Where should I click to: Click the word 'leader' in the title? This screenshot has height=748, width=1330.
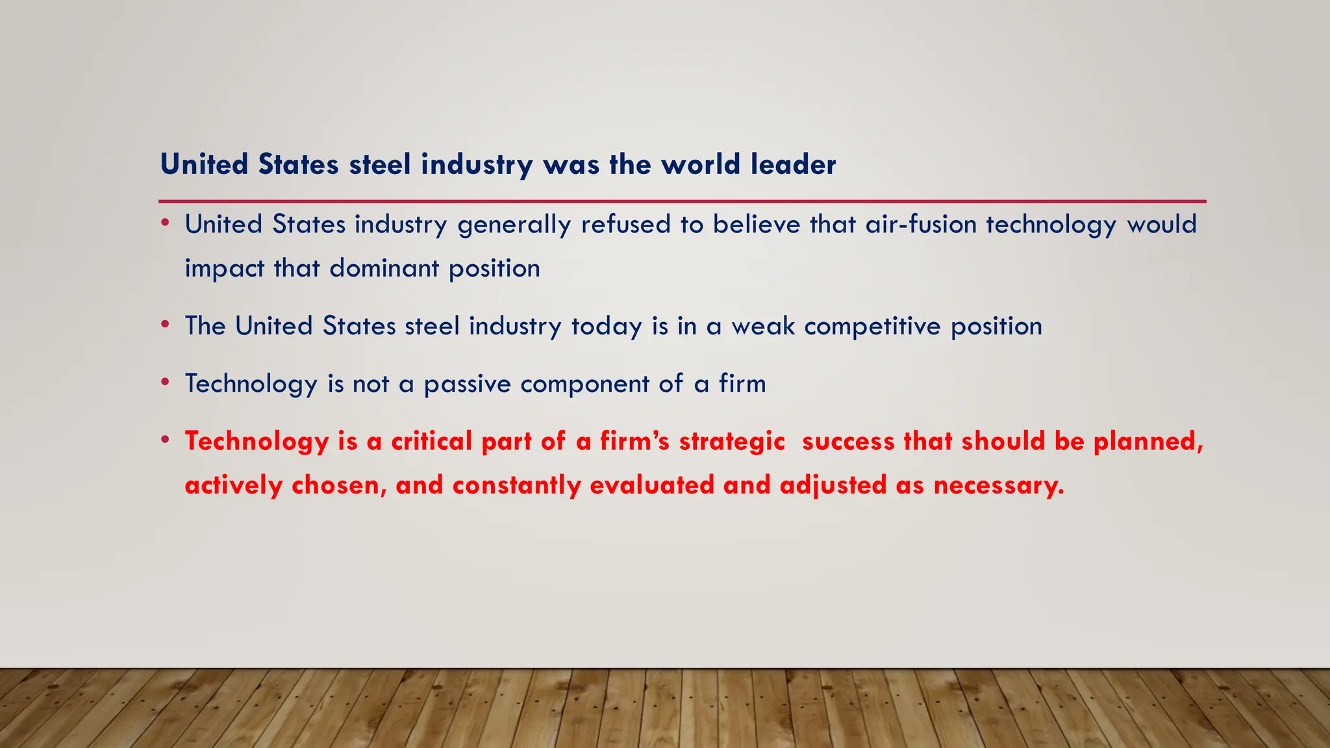[x=793, y=164]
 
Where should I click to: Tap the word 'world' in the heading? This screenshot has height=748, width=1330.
[x=701, y=164]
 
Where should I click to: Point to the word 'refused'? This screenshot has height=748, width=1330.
[x=625, y=225]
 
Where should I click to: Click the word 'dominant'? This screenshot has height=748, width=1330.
[x=384, y=268]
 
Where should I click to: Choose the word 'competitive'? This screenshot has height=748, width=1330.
[x=872, y=326]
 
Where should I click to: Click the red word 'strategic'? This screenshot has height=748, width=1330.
[x=732, y=442]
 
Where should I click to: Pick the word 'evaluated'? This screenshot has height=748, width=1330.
[x=652, y=485]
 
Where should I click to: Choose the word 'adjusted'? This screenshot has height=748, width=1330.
[x=833, y=485]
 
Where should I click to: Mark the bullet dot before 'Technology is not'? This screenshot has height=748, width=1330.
[x=166, y=382]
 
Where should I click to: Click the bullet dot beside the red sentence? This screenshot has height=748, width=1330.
[x=166, y=440]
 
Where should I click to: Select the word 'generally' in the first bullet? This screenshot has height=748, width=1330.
[x=514, y=225]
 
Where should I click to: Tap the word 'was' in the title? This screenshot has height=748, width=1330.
[x=571, y=164]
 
